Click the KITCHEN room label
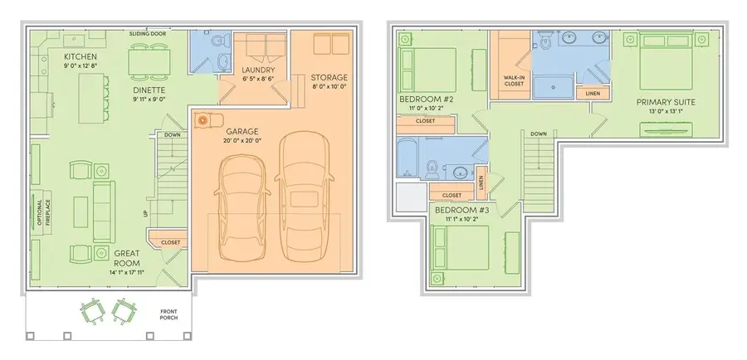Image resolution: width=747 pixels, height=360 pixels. pos(81,57)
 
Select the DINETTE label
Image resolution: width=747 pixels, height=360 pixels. pos(149,90)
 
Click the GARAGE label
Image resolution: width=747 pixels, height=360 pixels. pos(242,130)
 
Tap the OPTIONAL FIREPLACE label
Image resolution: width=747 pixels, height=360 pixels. pos(38,212)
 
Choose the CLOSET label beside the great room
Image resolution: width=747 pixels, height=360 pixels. pos(170,242)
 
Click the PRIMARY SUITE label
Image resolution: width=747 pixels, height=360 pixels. pos(665,103)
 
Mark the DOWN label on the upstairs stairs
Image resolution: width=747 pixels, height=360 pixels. pos(538,133)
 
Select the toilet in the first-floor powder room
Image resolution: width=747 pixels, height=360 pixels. pos(217,41)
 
